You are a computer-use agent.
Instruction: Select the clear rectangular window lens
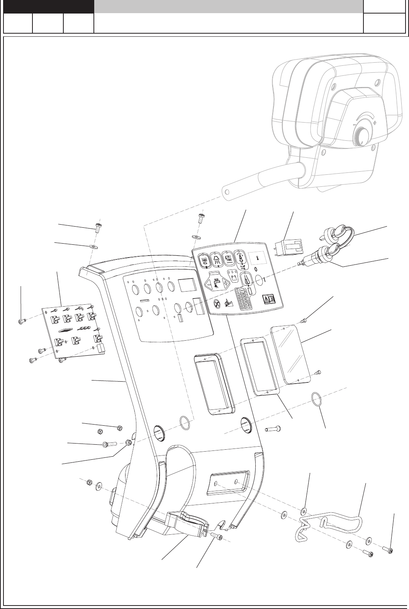(x=292, y=354)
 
